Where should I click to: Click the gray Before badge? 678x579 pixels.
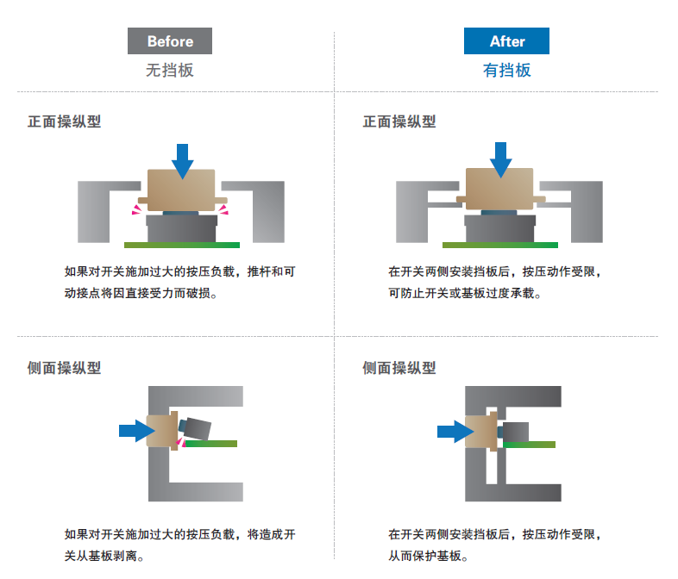pos(169,41)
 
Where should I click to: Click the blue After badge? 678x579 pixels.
pos(506,41)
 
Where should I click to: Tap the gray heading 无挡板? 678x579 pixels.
pos(169,71)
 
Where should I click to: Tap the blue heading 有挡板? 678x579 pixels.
pos(506,71)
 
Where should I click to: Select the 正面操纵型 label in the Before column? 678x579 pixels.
pos(65,121)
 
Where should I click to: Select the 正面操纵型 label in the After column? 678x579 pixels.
pos(399,121)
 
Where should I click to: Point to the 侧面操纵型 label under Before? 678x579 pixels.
pos(65,368)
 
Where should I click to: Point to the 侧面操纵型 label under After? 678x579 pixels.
pos(399,368)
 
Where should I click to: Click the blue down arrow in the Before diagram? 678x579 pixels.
pos(183,161)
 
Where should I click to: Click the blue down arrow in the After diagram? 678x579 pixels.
pos(500,159)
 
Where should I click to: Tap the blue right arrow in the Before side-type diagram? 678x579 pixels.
pos(136,431)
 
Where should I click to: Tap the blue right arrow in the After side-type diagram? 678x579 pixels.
pos(455,432)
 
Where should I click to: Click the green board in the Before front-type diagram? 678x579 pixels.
pos(182,245)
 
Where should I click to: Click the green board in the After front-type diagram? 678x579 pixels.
pos(500,245)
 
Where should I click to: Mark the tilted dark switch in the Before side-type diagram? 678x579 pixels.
pos(195,428)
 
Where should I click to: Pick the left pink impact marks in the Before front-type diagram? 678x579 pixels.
pos(136,210)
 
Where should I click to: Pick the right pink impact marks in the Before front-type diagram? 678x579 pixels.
pos(223,210)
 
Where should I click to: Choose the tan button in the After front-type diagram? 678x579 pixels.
pos(500,189)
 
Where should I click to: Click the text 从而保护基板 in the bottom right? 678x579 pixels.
pos(424,556)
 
